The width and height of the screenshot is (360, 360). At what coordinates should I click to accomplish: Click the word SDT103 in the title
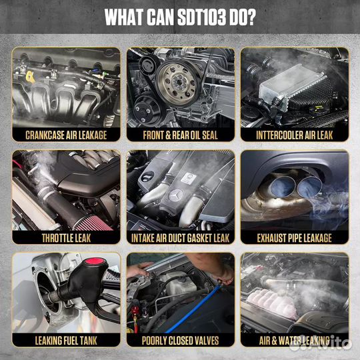coord(201,17)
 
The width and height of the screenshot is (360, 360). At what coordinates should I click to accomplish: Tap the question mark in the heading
coord(251,17)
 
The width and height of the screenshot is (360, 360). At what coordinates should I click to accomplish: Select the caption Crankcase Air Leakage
coord(66,135)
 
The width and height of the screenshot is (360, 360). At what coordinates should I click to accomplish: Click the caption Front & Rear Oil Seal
coord(180,135)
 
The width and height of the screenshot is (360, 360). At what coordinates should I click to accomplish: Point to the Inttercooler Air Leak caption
coord(295,135)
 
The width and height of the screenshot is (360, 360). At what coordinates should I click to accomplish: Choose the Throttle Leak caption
coord(67,238)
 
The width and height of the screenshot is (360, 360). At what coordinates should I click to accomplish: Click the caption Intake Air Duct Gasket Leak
coord(180,238)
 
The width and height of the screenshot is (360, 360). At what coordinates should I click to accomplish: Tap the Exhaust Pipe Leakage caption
coord(295,238)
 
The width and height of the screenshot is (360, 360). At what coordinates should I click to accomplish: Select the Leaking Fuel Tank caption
coord(66,341)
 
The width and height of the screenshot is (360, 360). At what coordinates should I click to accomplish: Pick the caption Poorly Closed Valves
coord(180,341)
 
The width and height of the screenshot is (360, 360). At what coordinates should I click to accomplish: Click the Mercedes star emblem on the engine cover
coord(175,195)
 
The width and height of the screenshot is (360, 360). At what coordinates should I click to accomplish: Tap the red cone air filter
coord(93,222)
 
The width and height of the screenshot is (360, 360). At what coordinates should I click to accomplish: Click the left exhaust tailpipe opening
coord(282,187)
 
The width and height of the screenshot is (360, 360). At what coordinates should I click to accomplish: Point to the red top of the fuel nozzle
coord(95,261)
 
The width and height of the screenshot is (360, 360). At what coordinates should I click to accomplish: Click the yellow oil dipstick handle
coord(30,77)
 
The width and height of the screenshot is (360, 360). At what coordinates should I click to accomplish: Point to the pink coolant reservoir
coord(271,303)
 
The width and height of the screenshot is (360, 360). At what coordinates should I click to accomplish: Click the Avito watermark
coord(320,343)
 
